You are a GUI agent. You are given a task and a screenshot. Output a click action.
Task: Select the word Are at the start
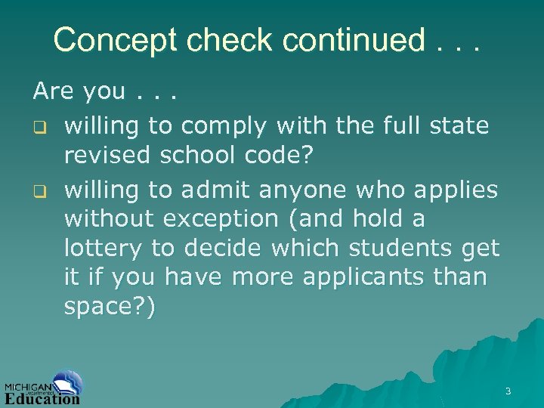coord(52,92)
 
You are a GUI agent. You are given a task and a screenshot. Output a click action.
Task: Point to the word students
coord(391,248)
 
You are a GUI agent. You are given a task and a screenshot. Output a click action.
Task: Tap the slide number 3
coord(508,391)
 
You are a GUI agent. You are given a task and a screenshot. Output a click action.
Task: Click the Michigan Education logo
coord(44,388)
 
